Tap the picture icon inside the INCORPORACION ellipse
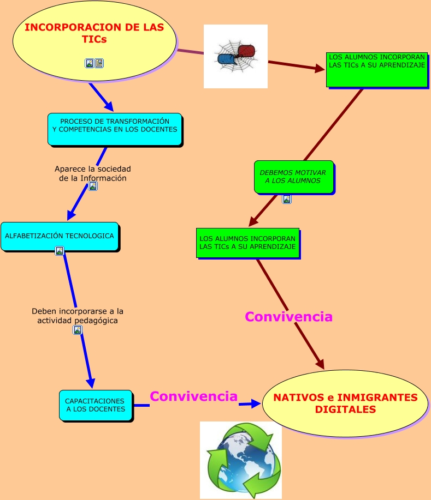click(90, 63)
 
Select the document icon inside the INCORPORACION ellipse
click(99, 63)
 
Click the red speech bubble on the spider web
click(247, 51)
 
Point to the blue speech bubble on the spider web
click(226, 58)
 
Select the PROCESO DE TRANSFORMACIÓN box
click(115, 129)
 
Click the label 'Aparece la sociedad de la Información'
click(93, 173)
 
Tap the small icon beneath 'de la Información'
click(93, 186)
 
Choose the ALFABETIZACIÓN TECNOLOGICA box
click(60, 236)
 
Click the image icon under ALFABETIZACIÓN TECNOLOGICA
click(60, 251)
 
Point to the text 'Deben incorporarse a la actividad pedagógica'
click(78, 316)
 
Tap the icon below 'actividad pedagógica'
click(78, 330)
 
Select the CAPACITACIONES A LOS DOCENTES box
click(96, 405)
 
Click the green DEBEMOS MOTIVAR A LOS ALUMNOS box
click(293, 177)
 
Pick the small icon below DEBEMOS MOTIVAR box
click(287, 199)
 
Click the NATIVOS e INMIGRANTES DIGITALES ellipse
click(345, 403)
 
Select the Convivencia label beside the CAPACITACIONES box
click(193, 396)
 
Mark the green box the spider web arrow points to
click(376, 69)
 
